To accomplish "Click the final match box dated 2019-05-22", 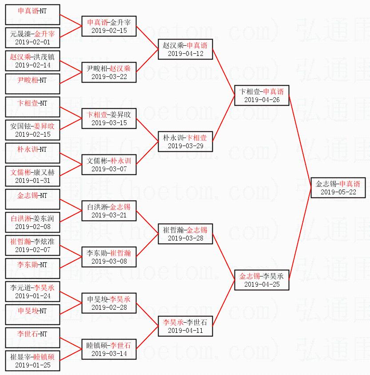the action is [x=338, y=188].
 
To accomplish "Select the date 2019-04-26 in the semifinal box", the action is [x=262, y=100].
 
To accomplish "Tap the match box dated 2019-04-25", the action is [x=262, y=280].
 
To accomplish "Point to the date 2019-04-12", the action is [x=186, y=54].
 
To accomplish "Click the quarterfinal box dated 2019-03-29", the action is [x=186, y=142].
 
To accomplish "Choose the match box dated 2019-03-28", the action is [x=186, y=234].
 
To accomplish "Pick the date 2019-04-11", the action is [x=186, y=331].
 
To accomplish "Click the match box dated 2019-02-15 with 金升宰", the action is [x=109, y=26].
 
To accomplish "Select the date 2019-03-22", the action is [x=109, y=77].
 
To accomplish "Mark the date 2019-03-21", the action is [x=109, y=215].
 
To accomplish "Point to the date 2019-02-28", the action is [x=109, y=308].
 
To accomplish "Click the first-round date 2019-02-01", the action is [x=32, y=42].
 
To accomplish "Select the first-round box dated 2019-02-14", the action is [x=32, y=61].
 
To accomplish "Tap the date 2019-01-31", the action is [x=32, y=181].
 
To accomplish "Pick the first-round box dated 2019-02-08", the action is [x=32, y=222].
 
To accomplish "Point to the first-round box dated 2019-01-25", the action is [x=32, y=361].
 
